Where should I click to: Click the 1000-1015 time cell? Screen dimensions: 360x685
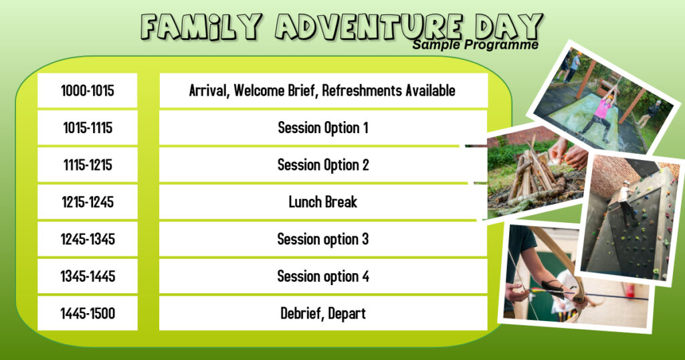click(88, 90)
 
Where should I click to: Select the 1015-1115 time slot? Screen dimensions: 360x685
click(88, 128)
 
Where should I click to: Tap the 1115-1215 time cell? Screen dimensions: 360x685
click(88, 165)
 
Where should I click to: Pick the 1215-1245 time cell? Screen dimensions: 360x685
click(88, 202)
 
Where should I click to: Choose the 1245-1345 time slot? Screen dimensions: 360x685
click(88, 239)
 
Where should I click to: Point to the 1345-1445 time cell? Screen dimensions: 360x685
click(88, 276)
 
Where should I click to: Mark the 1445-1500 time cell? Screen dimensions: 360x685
click(88, 313)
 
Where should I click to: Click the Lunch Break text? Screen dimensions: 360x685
click(323, 202)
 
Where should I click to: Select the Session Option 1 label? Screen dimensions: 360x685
click(323, 128)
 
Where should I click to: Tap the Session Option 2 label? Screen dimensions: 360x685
click(323, 165)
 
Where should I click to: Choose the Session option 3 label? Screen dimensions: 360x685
click(323, 239)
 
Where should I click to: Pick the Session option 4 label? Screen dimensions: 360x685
click(323, 276)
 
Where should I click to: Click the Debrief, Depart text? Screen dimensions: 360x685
click(323, 313)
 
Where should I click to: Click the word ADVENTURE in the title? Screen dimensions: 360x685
click(366, 27)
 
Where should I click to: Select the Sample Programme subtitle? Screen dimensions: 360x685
click(475, 45)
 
